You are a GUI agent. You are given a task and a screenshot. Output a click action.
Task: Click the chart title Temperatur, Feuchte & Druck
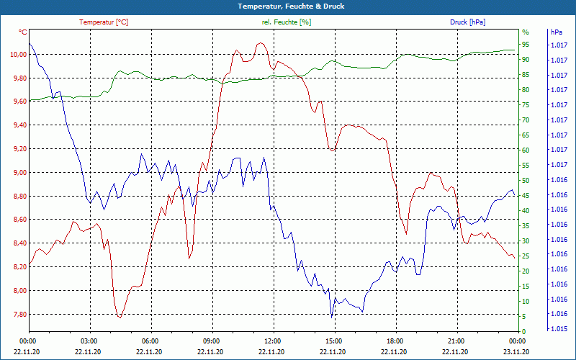click(x=288, y=6)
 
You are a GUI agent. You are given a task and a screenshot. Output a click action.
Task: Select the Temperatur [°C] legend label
click(x=104, y=22)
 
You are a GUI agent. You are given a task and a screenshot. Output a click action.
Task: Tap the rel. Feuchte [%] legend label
click(x=287, y=22)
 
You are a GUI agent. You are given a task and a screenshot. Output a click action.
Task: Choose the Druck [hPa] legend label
click(x=467, y=22)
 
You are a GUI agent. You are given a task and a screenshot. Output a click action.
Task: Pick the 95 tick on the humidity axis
click(x=525, y=45)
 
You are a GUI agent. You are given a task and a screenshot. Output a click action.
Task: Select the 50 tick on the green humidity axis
click(x=525, y=180)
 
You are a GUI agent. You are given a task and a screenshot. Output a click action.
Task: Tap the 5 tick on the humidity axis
click(x=523, y=316)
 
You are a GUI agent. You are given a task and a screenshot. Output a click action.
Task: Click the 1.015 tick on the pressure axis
click(x=558, y=329)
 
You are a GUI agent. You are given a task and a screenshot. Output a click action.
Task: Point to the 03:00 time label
click(x=89, y=341)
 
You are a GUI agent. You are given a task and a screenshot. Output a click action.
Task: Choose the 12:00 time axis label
click(x=273, y=341)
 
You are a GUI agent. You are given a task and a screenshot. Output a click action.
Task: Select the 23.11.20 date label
click(x=516, y=351)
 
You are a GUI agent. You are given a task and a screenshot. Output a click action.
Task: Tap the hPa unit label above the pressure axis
click(x=556, y=32)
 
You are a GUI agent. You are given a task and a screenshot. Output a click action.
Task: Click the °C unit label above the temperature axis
click(x=23, y=32)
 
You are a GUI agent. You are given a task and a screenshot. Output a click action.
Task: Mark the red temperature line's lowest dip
click(x=120, y=317)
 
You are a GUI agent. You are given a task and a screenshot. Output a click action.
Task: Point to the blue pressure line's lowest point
click(x=332, y=317)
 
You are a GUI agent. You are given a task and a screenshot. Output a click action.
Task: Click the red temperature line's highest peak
click(x=259, y=42)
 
